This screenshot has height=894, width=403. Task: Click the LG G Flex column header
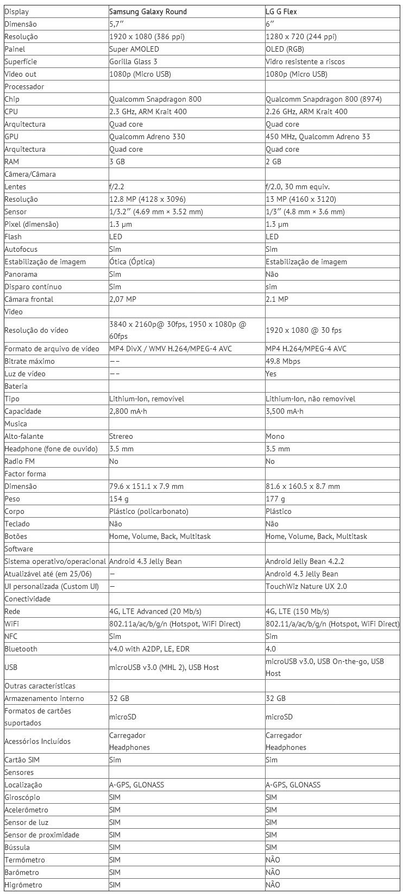point(281,11)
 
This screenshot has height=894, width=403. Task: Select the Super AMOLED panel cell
point(134,49)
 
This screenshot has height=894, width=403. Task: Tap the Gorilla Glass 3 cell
point(133,61)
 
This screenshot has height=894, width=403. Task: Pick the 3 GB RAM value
point(117,162)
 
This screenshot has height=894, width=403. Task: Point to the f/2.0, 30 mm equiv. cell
point(298,187)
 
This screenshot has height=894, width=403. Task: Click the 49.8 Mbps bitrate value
point(284,361)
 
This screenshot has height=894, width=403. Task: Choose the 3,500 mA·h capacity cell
point(285,411)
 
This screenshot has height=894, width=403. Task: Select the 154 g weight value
point(118,499)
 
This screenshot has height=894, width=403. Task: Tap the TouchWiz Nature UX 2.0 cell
point(306,586)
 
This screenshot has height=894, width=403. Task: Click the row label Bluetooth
point(21,649)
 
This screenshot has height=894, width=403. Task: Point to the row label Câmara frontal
point(29,299)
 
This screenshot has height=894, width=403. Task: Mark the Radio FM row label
point(20,461)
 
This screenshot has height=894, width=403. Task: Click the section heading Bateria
point(16,386)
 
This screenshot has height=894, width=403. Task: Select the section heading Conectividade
point(27,599)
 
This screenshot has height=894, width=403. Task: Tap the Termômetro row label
point(24,860)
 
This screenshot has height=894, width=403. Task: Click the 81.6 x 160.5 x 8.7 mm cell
point(303,486)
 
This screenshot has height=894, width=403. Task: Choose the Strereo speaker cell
point(121,436)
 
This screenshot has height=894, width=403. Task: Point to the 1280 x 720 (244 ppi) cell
point(301,36)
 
